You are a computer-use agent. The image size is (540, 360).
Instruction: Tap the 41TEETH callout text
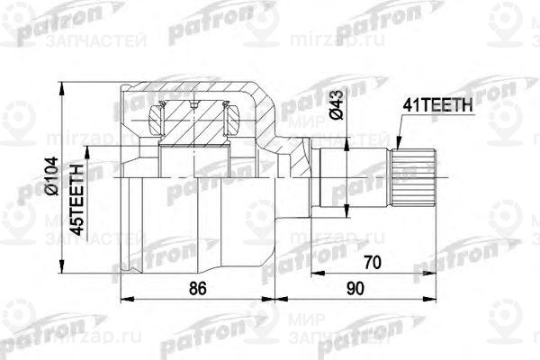click(437, 105)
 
